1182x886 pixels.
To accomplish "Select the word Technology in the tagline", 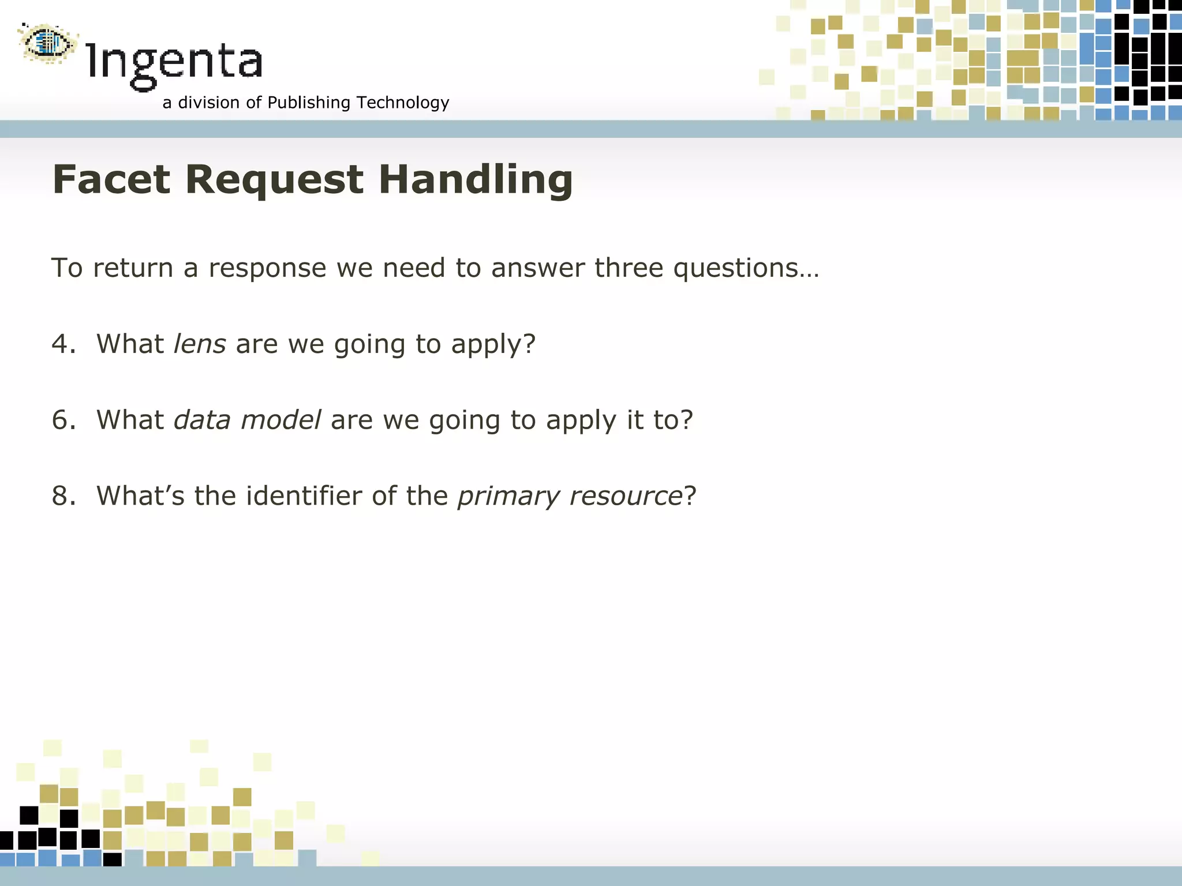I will (x=403, y=103).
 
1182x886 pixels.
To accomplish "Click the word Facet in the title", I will (x=111, y=179).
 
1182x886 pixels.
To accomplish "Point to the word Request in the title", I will (x=275, y=179).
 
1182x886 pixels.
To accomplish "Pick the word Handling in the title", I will (x=476, y=179).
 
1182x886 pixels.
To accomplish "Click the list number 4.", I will (x=61, y=344).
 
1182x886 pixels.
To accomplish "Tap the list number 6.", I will (x=61, y=420).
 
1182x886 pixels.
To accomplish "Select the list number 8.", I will (x=61, y=496).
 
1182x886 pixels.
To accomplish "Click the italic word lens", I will (x=200, y=344).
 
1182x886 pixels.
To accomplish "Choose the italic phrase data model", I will (x=248, y=420).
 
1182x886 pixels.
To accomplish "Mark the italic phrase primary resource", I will (x=570, y=496).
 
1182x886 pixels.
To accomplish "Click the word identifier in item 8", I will (x=304, y=496).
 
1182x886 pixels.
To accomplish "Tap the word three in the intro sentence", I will (x=629, y=268).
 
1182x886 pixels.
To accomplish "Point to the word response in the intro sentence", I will (x=267, y=268).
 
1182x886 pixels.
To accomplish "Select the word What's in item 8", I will (x=140, y=496).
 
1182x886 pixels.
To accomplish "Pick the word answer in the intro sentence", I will (x=538, y=268).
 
